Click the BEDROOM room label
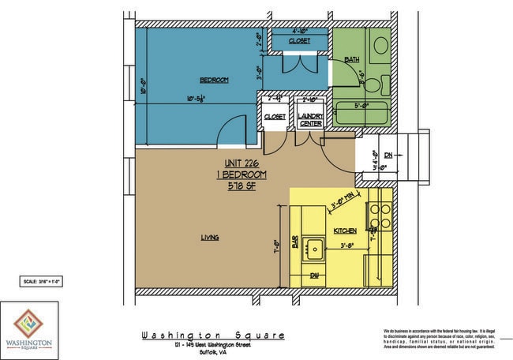point(214,81)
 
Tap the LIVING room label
point(209,237)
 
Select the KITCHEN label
point(345,231)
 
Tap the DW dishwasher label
point(313,275)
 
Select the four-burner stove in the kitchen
point(380,216)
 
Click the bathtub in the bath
point(361,113)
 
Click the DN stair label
point(388,156)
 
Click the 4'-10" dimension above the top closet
point(299,32)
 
